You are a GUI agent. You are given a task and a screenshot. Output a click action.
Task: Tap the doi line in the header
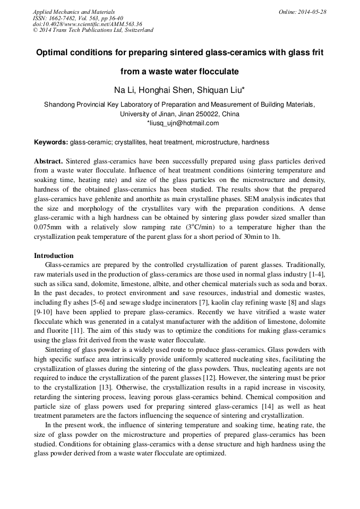pyautogui.click(x=87, y=24)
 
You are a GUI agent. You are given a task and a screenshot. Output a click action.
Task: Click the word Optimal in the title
pyautogui.click(x=52, y=53)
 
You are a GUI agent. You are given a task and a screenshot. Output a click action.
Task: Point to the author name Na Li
pyautogui.click(x=125, y=90)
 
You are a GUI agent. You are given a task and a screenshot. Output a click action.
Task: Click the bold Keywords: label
pyautogui.click(x=50, y=142)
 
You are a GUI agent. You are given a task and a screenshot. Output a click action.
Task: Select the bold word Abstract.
pyautogui.click(x=48, y=161)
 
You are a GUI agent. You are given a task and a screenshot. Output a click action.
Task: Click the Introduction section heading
pyautogui.click(x=54, y=256)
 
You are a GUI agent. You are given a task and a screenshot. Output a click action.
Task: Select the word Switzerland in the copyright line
pyautogui.click(x=138, y=30)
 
